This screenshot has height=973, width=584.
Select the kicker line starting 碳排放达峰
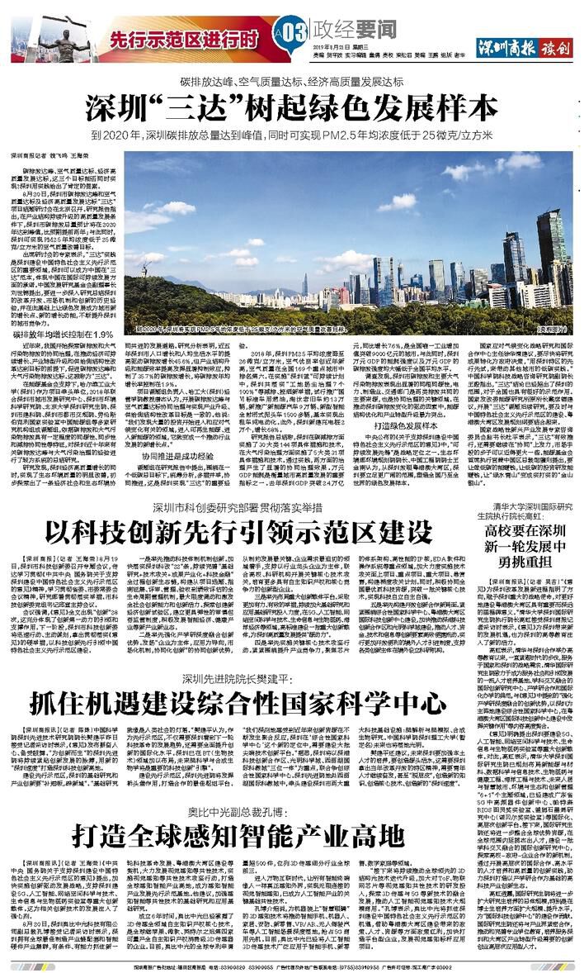(291, 82)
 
